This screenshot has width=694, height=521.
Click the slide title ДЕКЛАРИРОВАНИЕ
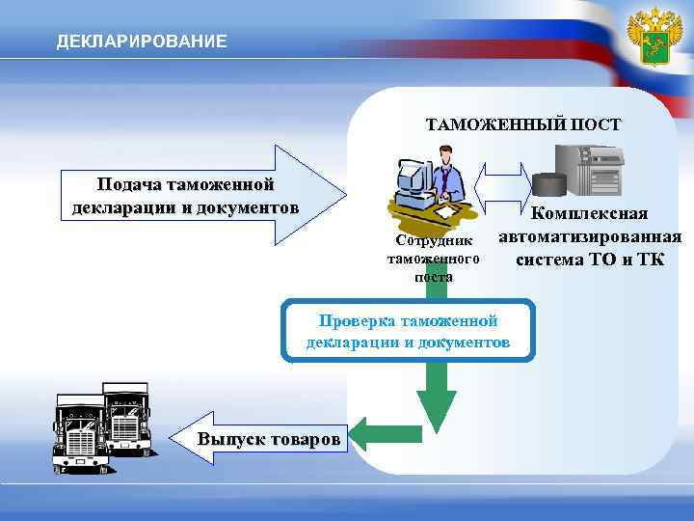coord(142,41)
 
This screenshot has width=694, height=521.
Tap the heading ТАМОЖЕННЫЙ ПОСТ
coord(523,124)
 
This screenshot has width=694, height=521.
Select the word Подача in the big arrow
coord(129,184)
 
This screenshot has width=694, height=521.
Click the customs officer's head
coord(444,154)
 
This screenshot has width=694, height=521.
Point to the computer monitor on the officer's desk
coord(414,175)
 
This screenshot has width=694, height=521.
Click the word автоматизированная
coord(590,236)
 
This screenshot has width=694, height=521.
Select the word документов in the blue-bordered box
coord(467,343)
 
